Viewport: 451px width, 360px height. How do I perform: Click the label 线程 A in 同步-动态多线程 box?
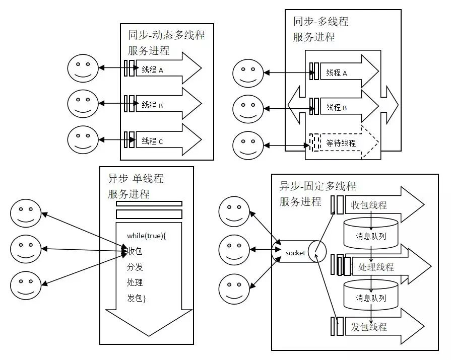pos(152,70)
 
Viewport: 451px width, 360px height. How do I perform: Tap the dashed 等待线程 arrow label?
pos(341,143)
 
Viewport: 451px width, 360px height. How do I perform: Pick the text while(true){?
pos(147,235)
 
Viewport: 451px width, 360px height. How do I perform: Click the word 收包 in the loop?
pos(135,251)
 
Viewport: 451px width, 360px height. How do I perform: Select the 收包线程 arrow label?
pos(369,205)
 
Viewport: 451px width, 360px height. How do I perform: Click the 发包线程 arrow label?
pos(369,326)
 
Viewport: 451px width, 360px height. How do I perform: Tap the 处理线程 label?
pos(375,267)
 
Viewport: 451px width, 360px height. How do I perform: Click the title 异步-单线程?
pos(136,179)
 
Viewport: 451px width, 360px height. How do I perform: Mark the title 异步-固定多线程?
pos(317,186)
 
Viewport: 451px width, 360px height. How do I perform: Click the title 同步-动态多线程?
pos(166,36)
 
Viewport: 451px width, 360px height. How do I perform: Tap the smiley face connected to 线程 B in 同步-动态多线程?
pos(83,103)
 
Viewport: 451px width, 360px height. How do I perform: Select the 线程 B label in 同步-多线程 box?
pos(337,107)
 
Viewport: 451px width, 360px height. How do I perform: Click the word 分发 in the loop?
pos(135,267)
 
